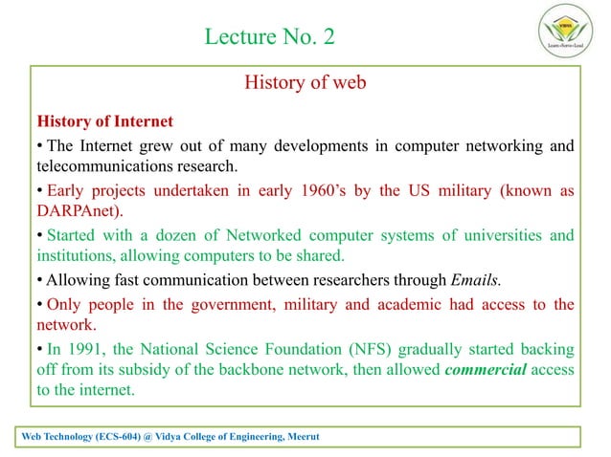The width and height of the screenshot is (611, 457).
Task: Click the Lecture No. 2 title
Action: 271,37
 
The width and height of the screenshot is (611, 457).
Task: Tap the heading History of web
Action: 305,83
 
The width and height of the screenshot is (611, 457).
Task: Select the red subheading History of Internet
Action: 104,121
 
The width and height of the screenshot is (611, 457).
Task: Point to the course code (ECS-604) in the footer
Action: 124,437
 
